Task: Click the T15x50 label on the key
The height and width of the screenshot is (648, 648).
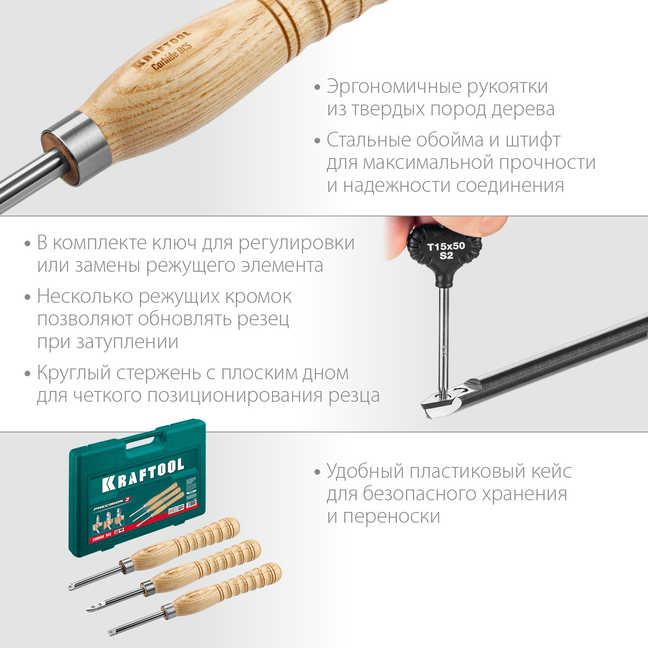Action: click(x=446, y=247)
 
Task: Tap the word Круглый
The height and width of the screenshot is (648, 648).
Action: click(x=74, y=373)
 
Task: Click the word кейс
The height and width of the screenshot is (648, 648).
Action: click(x=551, y=471)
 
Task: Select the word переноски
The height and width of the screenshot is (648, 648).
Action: click(x=391, y=516)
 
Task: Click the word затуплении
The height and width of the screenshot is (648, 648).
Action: click(x=127, y=342)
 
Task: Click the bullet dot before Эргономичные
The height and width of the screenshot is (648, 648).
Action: click(x=318, y=87)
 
